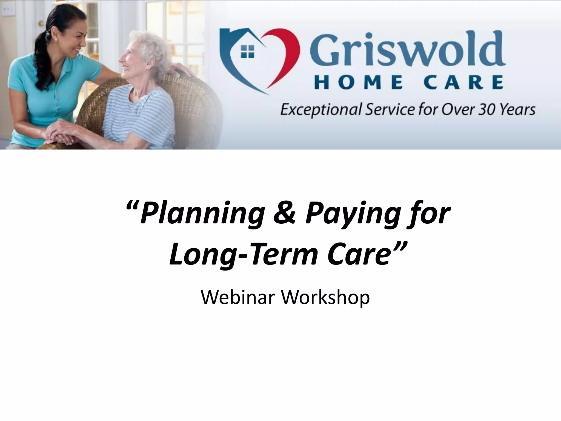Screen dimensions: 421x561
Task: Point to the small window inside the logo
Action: coord(247,52)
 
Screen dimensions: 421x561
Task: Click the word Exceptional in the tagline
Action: coord(321,110)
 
